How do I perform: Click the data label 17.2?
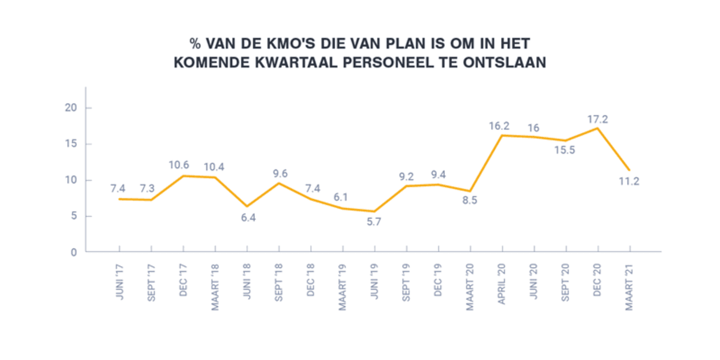(598, 119)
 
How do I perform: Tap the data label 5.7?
(373, 221)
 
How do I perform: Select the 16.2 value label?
(499, 126)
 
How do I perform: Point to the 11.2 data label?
(628, 181)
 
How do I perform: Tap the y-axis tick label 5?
(73, 217)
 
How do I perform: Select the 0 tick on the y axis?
(73, 253)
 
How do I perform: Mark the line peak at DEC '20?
(597, 128)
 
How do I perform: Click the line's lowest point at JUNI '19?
(374, 211)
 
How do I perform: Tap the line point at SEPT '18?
(278, 183)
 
